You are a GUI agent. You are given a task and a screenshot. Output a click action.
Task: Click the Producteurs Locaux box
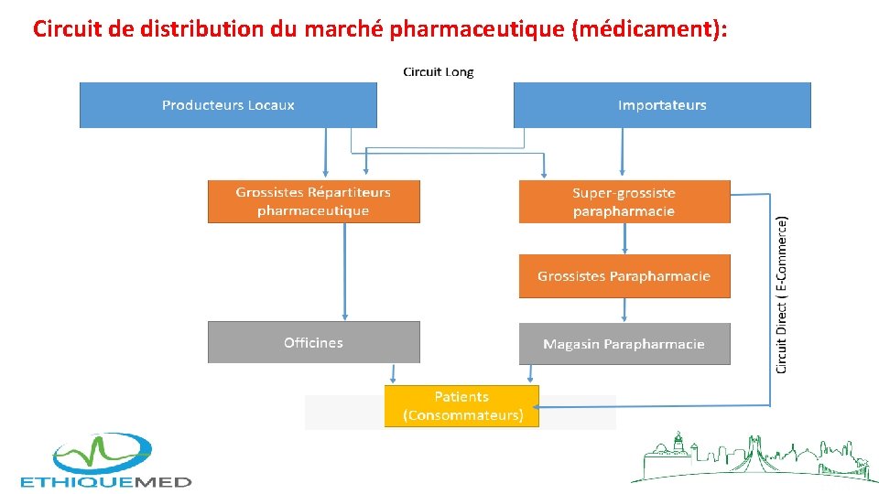pos(228,105)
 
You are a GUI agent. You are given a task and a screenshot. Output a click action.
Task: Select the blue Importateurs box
pos(662,105)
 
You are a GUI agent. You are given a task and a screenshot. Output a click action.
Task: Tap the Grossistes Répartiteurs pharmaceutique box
pos(313,201)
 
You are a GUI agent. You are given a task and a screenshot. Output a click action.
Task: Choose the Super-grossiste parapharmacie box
pos(624,201)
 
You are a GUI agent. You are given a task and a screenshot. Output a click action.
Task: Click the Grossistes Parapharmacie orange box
pos(624,276)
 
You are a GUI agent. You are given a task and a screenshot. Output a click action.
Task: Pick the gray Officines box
pos(313,342)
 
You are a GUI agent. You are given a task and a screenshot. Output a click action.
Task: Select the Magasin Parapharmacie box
pos(624,344)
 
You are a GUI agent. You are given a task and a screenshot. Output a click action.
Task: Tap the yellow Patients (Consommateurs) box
pos(461,405)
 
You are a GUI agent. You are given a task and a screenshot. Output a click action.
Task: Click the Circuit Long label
pos(439,71)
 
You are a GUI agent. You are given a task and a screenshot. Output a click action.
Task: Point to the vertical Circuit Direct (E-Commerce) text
pos(781,294)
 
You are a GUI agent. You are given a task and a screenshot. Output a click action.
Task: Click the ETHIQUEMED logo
pos(106,461)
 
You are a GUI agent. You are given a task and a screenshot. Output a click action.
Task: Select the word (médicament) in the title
pos(649,29)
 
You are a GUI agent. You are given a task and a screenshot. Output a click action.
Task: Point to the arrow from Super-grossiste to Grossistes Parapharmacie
pos(624,239)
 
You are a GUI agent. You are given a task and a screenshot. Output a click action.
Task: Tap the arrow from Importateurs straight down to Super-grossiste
pos(623,151)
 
